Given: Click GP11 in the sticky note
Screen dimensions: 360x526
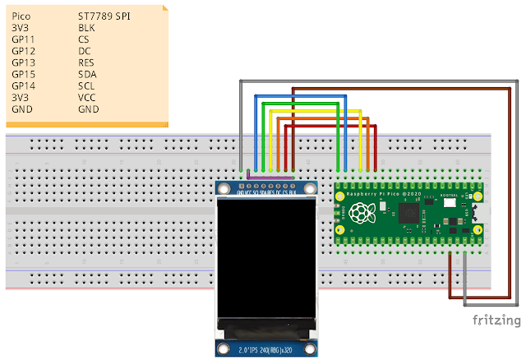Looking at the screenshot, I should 23,39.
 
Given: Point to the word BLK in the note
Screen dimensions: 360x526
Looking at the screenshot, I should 87,27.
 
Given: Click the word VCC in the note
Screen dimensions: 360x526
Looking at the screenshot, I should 87,96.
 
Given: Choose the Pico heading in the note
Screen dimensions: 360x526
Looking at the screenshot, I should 21,16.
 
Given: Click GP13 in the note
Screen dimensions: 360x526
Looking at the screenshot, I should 23,62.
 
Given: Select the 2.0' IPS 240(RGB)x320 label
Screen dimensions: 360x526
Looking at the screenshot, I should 265,349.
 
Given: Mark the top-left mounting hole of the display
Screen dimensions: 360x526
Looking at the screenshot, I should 222,190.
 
